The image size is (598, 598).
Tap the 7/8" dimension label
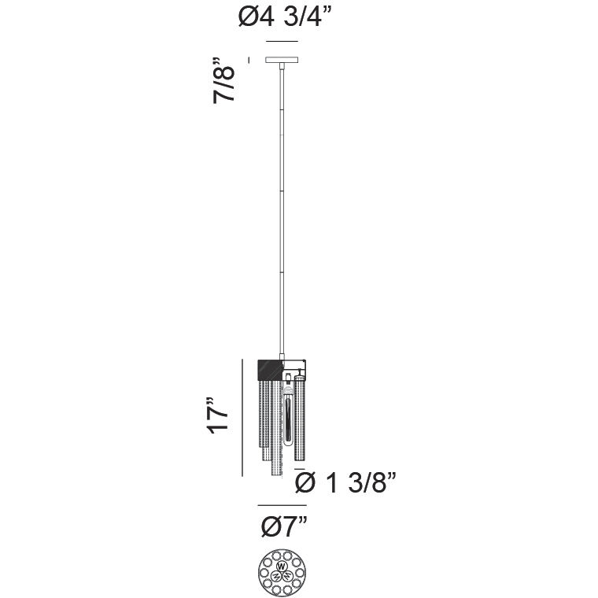(x=224, y=81)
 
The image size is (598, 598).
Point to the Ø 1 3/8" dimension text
(x=346, y=483)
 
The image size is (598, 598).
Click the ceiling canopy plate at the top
(x=282, y=60)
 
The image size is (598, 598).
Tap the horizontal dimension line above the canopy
(x=282, y=41)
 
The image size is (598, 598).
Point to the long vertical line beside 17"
(x=242, y=417)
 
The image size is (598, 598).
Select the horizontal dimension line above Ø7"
(x=282, y=505)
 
